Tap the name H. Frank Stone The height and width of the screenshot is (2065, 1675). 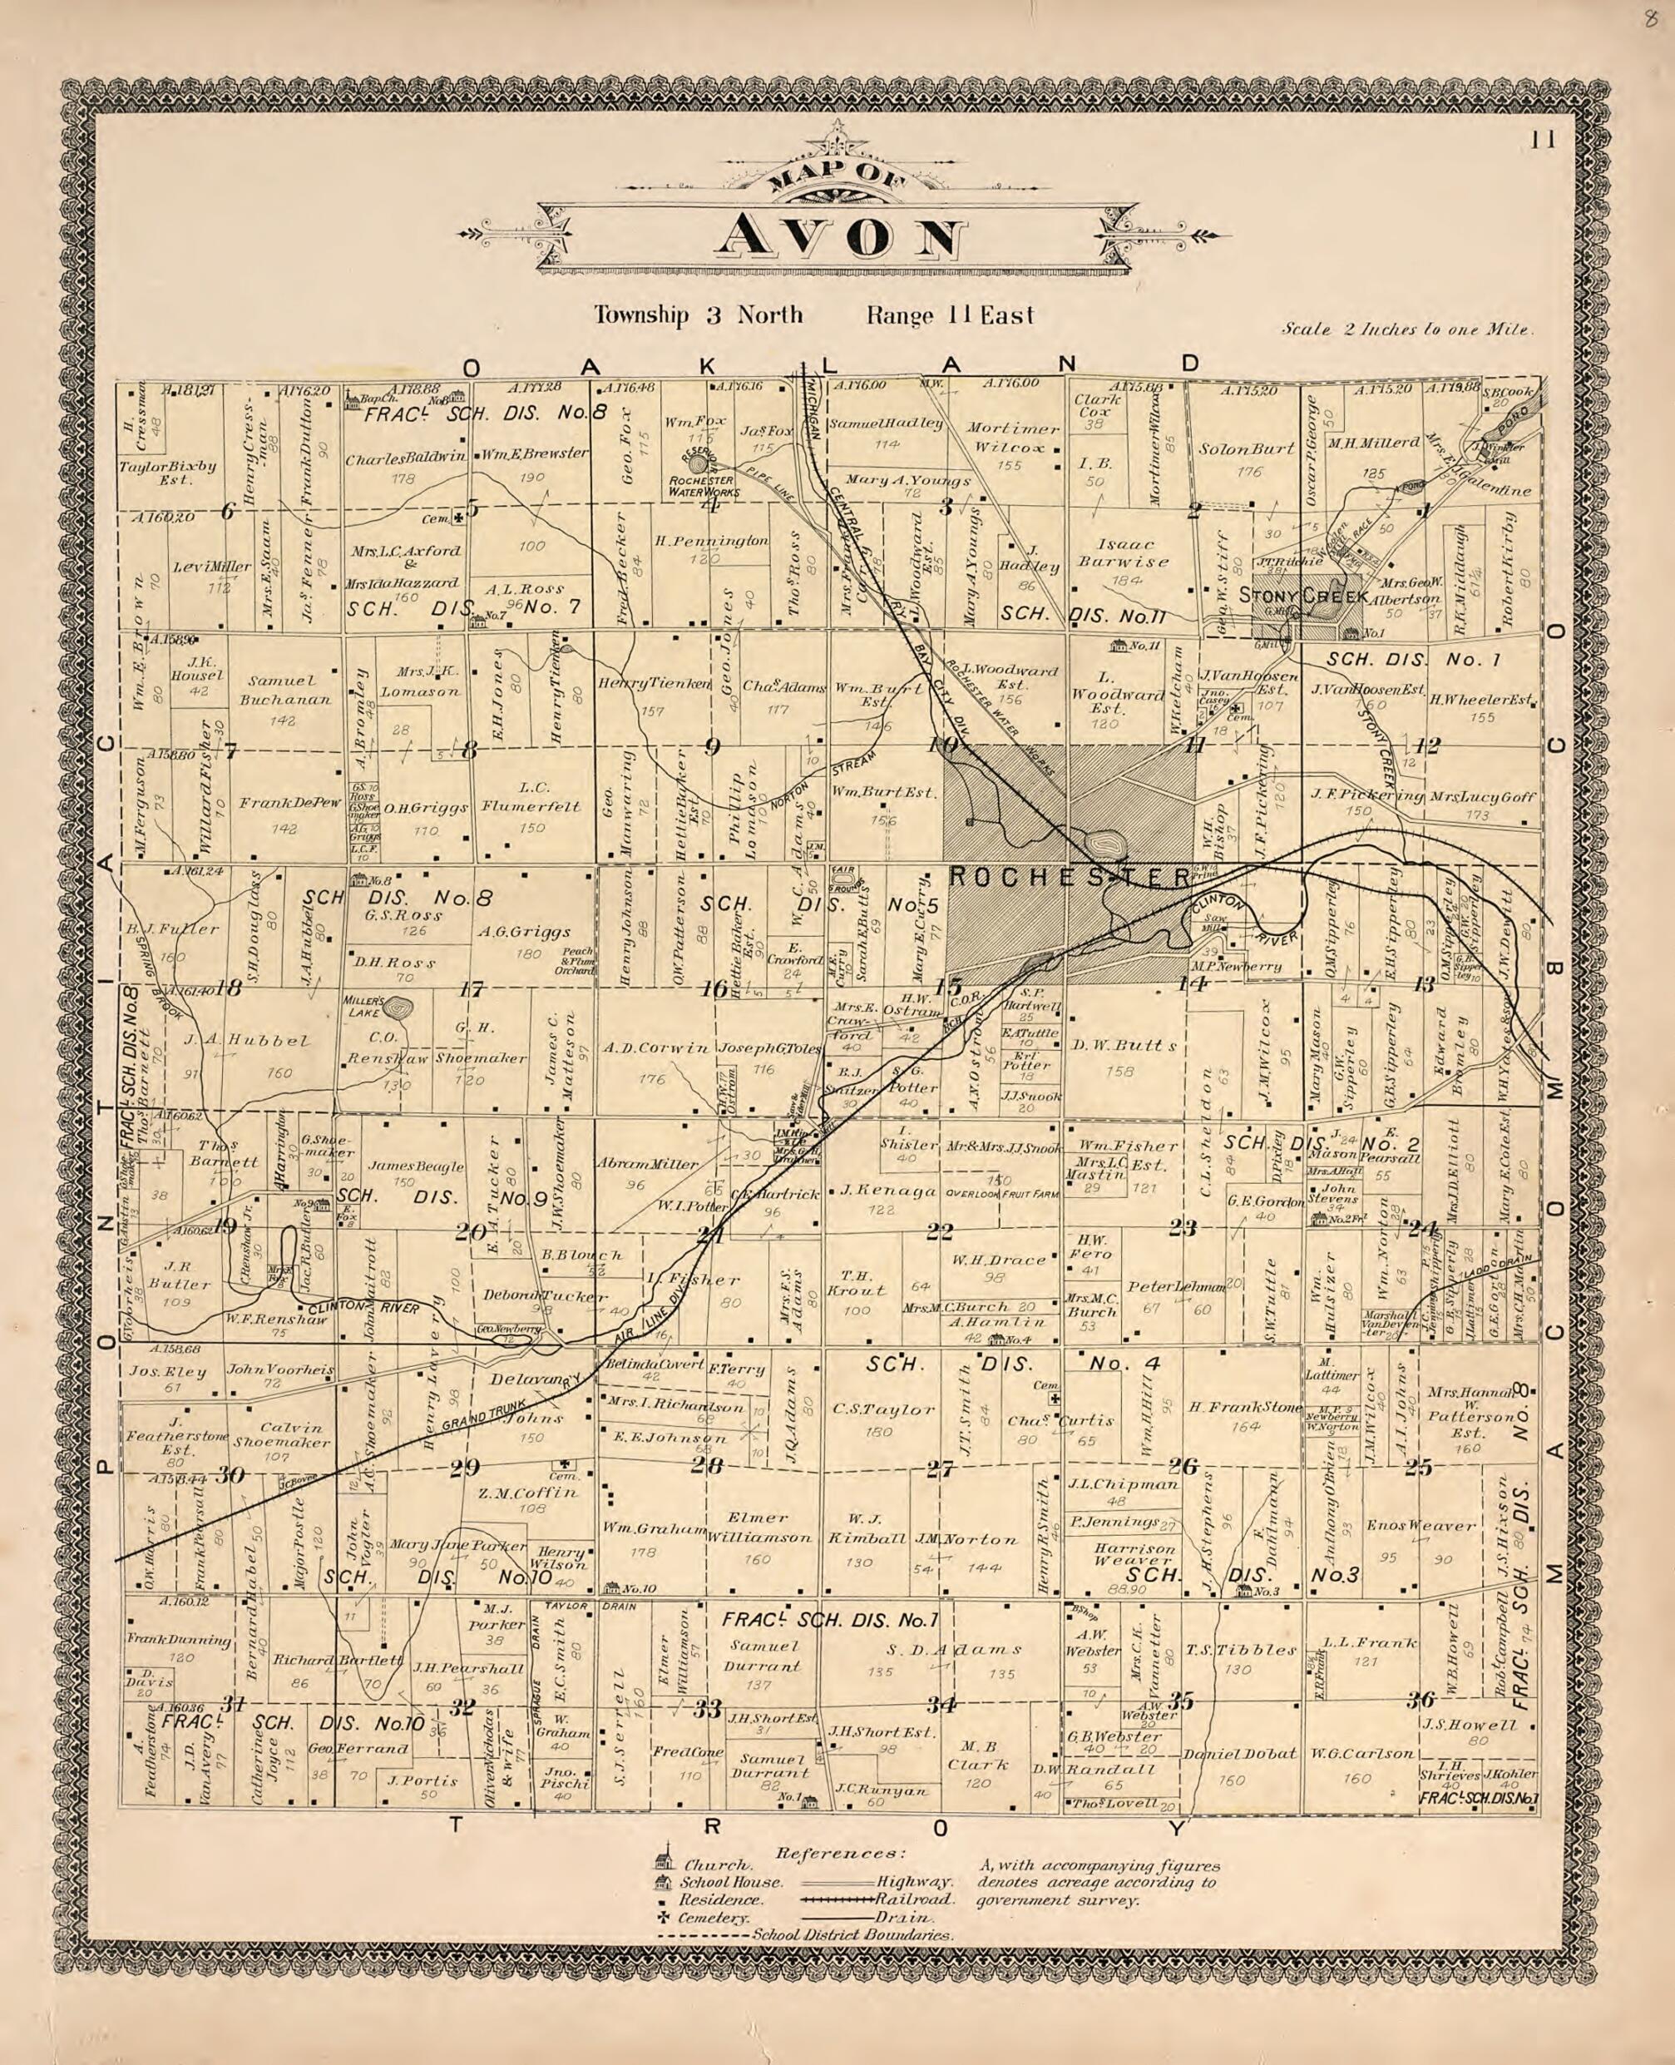pos(1245,1407)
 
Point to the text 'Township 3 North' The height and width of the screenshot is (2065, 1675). pos(698,314)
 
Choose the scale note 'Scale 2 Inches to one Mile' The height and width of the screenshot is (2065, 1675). pos(1406,329)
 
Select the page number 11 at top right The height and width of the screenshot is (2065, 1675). pos(1542,141)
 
